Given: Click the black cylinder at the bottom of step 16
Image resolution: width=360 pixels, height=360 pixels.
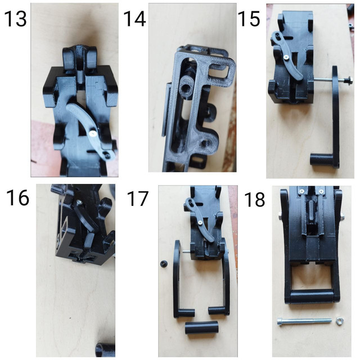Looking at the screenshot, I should pos(105,348).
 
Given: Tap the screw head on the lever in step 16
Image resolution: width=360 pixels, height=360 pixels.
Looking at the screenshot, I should pos(80,204).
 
